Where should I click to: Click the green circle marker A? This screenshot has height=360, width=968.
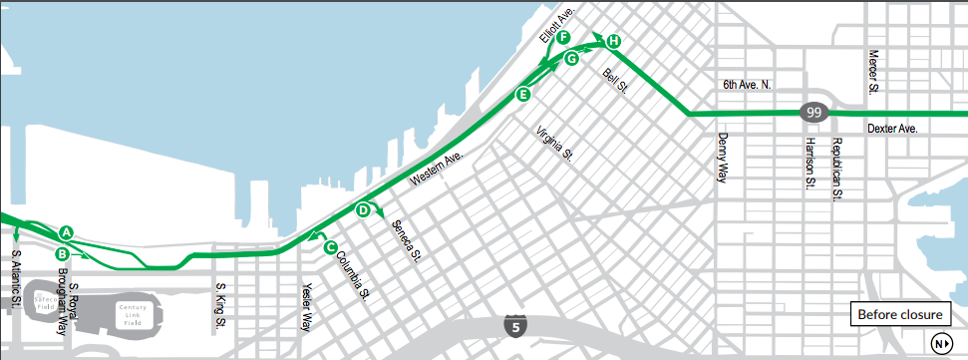(67, 232)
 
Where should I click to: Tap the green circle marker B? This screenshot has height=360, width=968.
(62, 253)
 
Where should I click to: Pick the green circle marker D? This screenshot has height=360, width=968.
(363, 209)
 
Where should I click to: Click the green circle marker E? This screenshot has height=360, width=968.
(521, 94)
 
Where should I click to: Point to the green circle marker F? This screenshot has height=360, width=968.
(564, 38)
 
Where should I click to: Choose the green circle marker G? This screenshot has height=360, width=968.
(571, 59)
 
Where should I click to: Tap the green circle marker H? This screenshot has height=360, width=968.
(613, 41)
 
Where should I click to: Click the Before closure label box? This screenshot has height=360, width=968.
(900, 315)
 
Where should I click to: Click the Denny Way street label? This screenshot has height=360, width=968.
(723, 158)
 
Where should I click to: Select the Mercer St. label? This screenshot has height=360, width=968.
(872, 72)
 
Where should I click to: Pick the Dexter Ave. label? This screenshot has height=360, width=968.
(891, 129)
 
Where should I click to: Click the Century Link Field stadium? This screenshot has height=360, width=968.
(130, 314)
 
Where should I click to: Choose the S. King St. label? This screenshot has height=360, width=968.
(220, 306)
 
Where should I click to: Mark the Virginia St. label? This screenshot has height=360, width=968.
(554, 145)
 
